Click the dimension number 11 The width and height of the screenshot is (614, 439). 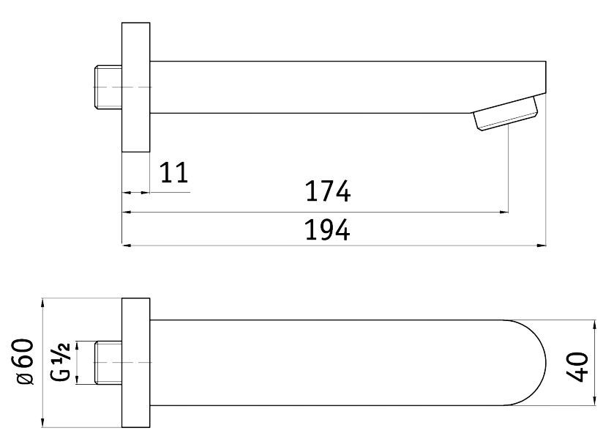(x=175, y=173)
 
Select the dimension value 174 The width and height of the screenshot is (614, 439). (x=328, y=191)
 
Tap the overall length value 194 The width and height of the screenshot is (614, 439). (x=327, y=230)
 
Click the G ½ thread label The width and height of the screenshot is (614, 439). (x=61, y=362)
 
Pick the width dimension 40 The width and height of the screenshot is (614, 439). (x=577, y=367)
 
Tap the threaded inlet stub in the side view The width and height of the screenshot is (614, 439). (x=108, y=86)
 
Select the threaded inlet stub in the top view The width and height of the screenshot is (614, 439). (x=108, y=363)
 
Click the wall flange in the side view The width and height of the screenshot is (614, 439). (x=136, y=87)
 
